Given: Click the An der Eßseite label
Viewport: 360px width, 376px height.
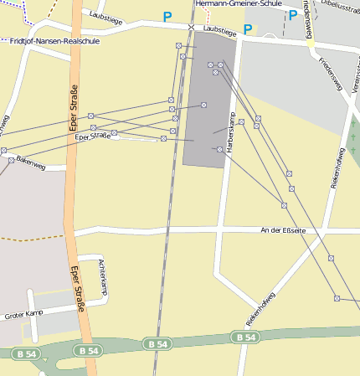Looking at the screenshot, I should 283,230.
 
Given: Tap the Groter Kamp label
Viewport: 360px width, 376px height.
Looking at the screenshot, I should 23,314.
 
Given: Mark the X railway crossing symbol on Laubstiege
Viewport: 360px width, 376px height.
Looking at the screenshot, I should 191,28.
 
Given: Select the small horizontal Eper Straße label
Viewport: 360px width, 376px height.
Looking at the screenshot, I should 93,136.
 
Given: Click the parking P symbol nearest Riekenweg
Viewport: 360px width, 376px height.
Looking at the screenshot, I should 292,14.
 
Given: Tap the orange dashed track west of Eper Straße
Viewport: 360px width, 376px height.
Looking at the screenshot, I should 29,239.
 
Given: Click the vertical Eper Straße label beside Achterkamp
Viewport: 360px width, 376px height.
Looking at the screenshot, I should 76,289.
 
